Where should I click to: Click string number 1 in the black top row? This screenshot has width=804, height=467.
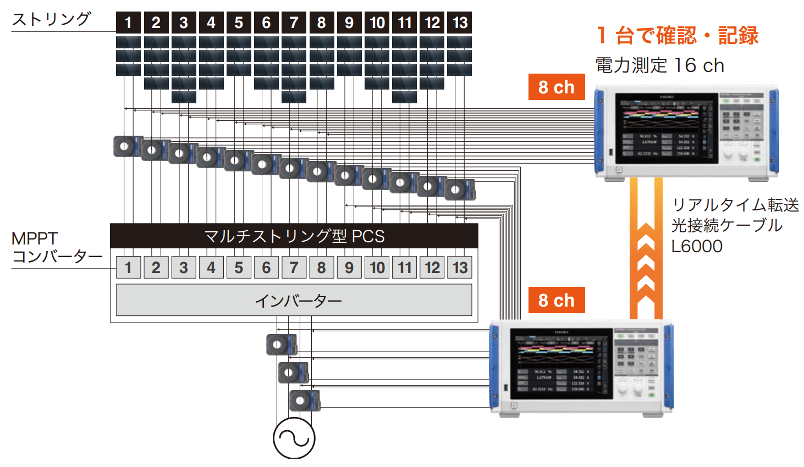[x=128, y=23]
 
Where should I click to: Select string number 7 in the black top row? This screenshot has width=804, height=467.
[x=294, y=23]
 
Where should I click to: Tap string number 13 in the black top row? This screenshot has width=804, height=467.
[x=460, y=23]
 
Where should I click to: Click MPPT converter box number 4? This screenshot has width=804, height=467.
[x=211, y=268]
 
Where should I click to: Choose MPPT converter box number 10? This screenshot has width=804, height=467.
[x=377, y=268]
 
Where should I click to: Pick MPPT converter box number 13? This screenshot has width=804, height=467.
[x=460, y=268]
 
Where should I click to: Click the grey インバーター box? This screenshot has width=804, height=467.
[x=294, y=300]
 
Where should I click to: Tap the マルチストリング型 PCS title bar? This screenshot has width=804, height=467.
[x=294, y=236]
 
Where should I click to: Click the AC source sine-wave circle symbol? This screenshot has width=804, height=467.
[x=294, y=438]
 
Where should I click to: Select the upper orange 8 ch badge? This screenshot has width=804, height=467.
[x=556, y=87]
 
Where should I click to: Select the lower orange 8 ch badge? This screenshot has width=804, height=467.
[x=556, y=300]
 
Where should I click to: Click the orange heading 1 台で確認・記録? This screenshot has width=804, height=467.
[x=677, y=36]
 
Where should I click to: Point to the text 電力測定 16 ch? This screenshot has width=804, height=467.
[x=659, y=65]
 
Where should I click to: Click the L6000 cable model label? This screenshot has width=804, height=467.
[x=697, y=246]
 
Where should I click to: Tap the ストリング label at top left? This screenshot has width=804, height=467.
[x=51, y=19]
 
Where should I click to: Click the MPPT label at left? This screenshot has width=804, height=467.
[x=35, y=238]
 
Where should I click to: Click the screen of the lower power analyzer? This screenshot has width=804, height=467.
[x=561, y=364]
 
